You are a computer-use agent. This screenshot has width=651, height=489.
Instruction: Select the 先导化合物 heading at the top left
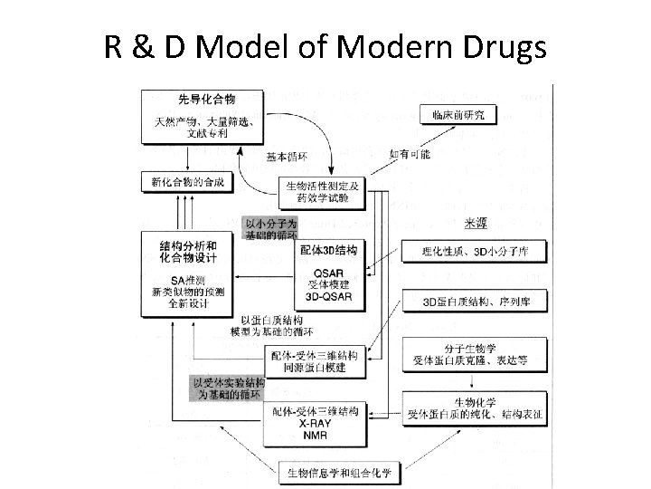(x=207, y=99)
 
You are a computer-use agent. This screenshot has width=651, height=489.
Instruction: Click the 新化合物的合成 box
(x=187, y=182)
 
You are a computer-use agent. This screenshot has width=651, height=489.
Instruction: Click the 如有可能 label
(x=410, y=154)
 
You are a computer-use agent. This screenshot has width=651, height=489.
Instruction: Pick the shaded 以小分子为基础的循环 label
(x=270, y=228)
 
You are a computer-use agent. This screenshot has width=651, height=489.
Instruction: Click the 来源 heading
(x=478, y=224)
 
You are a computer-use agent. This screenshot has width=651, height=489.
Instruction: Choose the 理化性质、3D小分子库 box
(x=474, y=251)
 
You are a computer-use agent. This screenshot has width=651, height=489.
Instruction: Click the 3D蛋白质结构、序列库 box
(x=474, y=301)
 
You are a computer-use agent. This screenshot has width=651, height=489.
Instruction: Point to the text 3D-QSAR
(x=327, y=295)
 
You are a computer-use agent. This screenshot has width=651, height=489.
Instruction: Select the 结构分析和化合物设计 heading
(x=187, y=251)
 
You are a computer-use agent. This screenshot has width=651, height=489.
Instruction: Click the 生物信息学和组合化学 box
(x=338, y=472)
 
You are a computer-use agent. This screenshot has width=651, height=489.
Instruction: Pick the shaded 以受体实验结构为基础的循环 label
(x=226, y=389)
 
